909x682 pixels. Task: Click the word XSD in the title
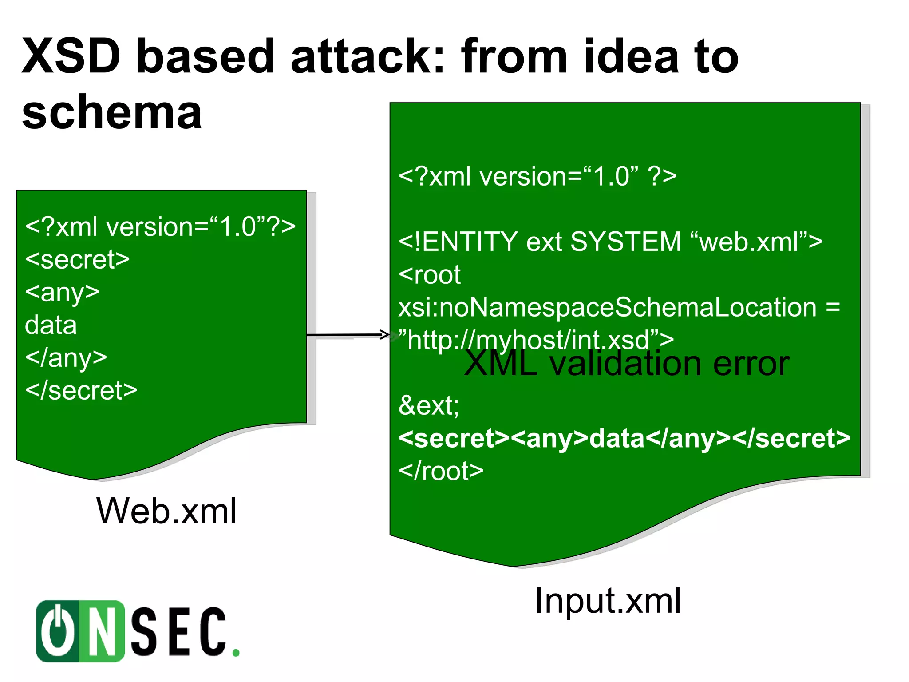pyautogui.click(x=71, y=56)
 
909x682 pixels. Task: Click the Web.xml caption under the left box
pyautogui.click(x=166, y=511)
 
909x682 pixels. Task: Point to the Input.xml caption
pyautogui.click(x=608, y=600)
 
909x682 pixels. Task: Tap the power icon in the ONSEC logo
pyautogui.click(x=58, y=630)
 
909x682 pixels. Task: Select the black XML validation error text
pyautogui.click(x=626, y=364)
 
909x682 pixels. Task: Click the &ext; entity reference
pyautogui.click(x=429, y=405)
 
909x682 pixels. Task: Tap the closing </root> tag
pyautogui.click(x=441, y=471)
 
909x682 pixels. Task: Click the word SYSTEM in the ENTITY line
pyautogui.click(x=626, y=242)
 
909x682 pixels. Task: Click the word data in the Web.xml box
pyautogui.click(x=51, y=325)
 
